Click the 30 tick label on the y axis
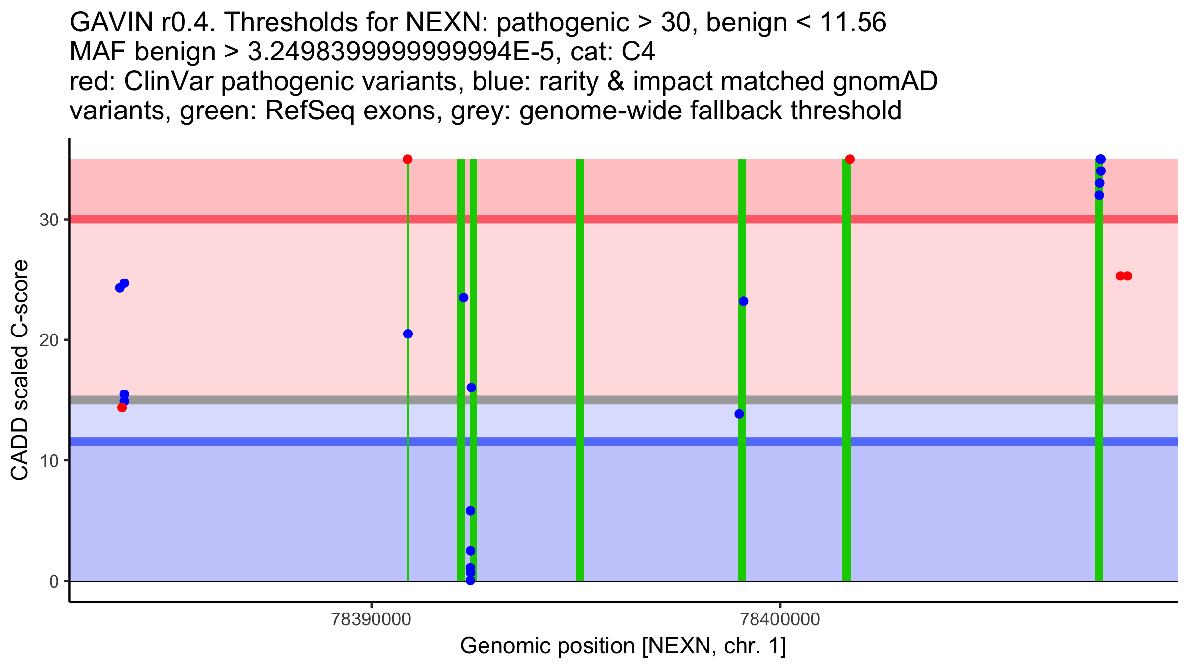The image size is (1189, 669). click(x=49, y=220)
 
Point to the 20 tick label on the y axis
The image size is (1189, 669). click(x=49, y=340)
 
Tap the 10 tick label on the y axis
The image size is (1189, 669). click(x=49, y=461)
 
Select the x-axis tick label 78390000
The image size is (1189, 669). click(x=371, y=619)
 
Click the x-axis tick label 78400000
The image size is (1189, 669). click(x=780, y=619)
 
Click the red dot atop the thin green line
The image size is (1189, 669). click(x=408, y=159)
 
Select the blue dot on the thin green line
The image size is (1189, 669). click(x=408, y=334)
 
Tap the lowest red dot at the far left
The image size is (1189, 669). click(x=122, y=408)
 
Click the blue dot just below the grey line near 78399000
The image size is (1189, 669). click(x=739, y=414)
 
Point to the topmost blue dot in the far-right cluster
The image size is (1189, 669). click(x=1101, y=159)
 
